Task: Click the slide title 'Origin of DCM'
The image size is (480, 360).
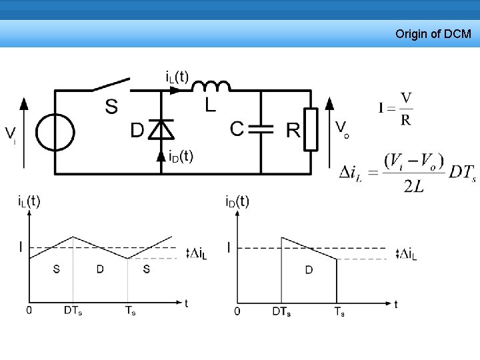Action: (x=433, y=33)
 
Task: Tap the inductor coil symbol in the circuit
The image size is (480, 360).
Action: (x=211, y=86)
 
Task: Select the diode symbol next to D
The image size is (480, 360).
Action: (x=161, y=129)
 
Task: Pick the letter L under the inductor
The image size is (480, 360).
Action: (x=211, y=105)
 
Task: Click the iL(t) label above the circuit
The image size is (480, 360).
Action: (x=177, y=76)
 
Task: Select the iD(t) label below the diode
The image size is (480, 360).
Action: (x=181, y=156)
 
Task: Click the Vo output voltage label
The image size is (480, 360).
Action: (x=342, y=128)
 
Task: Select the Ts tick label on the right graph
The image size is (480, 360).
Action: (x=339, y=311)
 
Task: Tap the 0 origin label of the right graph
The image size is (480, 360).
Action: (x=237, y=311)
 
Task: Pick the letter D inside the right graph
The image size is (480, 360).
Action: (x=309, y=269)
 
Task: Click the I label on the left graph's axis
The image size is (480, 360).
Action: (x=21, y=247)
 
